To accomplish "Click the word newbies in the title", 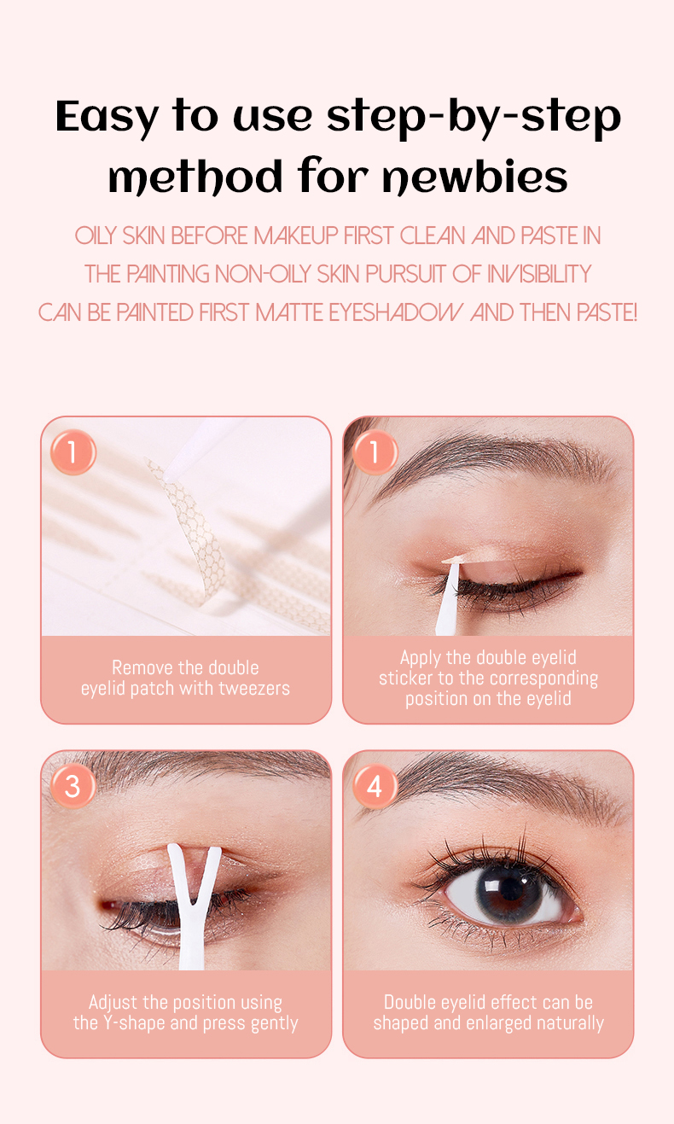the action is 475,177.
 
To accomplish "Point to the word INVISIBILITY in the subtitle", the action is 539,274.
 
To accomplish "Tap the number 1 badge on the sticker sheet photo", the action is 73,452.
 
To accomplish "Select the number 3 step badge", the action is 73,786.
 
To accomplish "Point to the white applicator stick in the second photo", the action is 450,597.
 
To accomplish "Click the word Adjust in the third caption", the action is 113,1003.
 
